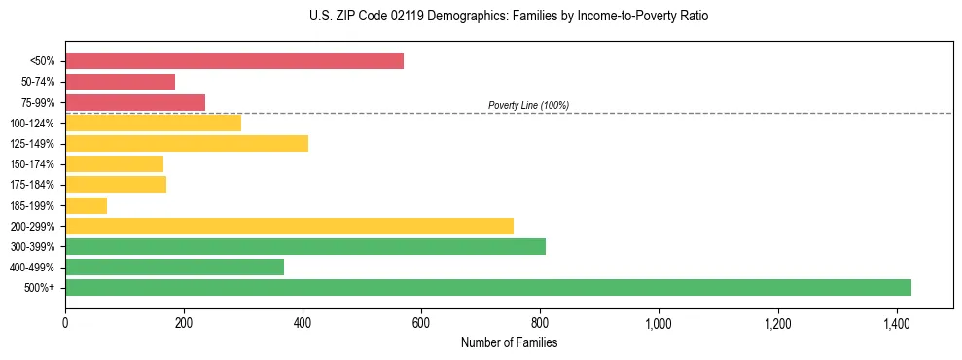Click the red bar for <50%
[x=234, y=61]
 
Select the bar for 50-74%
[x=121, y=82]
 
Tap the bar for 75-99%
[x=135, y=102]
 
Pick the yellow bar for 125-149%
[x=187, y=144]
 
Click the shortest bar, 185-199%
[x=86, y=205]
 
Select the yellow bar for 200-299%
[x=289, y=226]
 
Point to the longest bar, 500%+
[x=488, y=287]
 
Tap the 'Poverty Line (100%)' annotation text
[x=528, y=105]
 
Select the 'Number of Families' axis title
[x=509, y=342]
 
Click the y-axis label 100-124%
[x=32, y=124]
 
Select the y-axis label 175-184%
[x=32, y=185]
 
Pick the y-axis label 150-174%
[x=32, y=164]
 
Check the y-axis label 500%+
[x=40, y=288]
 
